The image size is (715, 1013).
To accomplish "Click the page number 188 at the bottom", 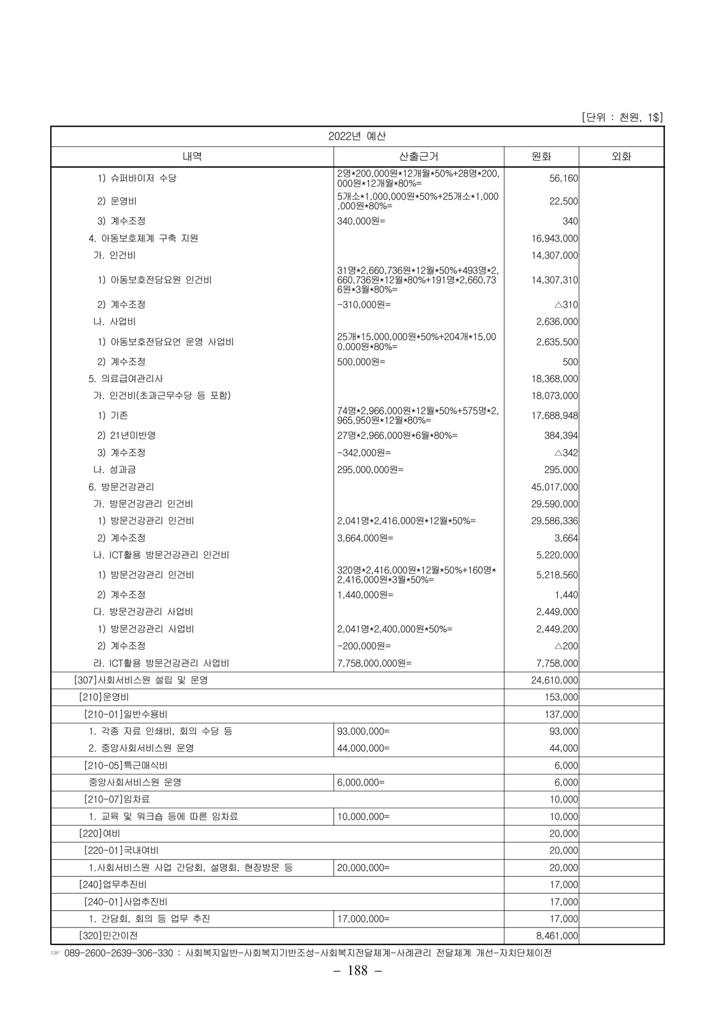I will pyautogui.click(x=357, y=971).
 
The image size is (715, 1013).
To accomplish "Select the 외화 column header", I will pyautogui.click(x=621, y=157).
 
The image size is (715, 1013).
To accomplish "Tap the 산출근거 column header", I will pyautogui.click(x=419, y=157).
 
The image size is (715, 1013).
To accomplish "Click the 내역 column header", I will pyautogui.click(x=192, y=157).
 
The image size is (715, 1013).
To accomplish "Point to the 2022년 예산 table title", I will pyautogui.click(x=357, y=136).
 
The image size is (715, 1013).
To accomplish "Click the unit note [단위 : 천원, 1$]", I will pyautogui.click(x=622, y=118).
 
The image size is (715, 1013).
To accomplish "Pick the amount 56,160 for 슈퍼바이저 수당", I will pyautogui.click(x=563, y=178).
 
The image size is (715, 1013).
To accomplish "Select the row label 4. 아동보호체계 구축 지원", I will pyautogui.click(x=143, y=238).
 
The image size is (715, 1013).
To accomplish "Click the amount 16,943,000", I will pyautogui.click(x=554, y=238).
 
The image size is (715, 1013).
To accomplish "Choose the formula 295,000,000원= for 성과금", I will pyautogui.click(x=370, y=470).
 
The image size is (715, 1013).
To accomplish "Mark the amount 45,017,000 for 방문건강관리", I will pyautogui.click(x=554, y=487).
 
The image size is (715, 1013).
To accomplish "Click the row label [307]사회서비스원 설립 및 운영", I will pyautogui.click(x=141, y=680).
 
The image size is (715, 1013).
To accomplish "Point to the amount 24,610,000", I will pyautogui.click(x=554, y=680).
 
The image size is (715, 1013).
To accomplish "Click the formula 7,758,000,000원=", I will pyautogui.click(x=374, y=663).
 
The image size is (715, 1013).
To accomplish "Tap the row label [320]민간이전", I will pyautogui.click(x=108, y=935).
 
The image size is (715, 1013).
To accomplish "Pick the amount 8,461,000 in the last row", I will pyautogui.click(x=557, y=936).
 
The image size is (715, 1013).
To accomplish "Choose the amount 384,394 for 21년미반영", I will pyautogui.click(x=561, y=436).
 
